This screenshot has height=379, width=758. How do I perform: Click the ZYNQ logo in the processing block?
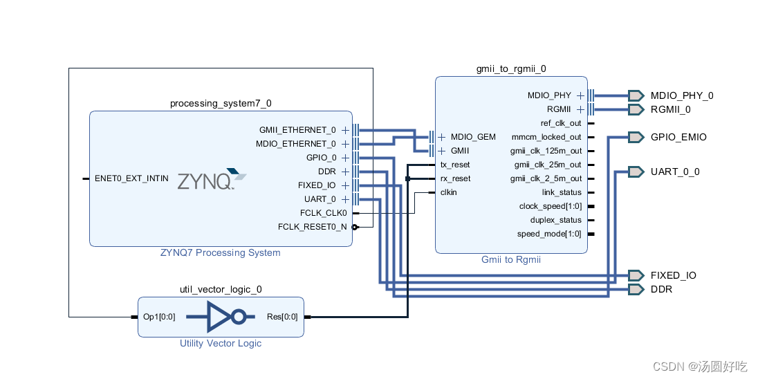212,180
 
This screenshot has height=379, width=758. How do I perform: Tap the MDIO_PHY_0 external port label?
681,95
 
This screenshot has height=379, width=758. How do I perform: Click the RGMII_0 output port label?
670,109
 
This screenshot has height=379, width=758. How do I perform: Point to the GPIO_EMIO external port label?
678,137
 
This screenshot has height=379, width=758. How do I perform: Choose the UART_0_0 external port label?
674,172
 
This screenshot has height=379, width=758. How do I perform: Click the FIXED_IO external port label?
673,275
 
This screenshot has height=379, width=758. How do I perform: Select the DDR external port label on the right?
661,289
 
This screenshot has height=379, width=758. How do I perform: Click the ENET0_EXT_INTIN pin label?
131,178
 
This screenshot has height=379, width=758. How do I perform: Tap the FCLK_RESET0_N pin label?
312,227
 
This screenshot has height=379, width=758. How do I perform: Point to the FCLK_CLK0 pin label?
323,213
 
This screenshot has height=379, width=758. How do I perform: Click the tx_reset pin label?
454,165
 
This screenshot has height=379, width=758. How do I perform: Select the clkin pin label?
448,192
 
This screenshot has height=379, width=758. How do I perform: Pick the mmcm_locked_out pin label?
546,137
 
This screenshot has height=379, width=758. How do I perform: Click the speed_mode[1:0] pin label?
549,234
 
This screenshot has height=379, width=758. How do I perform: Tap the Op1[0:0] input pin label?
158,317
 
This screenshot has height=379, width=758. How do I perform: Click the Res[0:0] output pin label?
281,317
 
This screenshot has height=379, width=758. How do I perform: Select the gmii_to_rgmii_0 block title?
511,68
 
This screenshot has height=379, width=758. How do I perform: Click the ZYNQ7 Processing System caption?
221,252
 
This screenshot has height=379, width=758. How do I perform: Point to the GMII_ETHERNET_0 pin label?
297,130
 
